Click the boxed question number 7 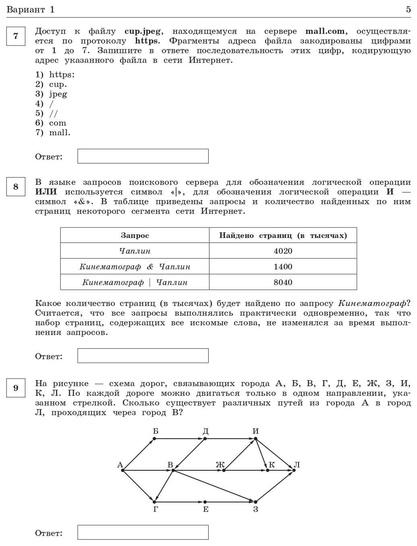pos(16,36)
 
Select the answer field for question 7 pos(143,156)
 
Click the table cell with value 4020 pos(283,251)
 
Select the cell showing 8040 pos(283,282)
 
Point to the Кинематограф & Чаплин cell pos(135,267)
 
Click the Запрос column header pos(135,236)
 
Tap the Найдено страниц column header pos(283,236)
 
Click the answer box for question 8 pos(143,356)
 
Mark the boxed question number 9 pos(16,388)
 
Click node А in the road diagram pos(122,470)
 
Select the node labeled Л pos(294,470)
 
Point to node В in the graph pos(172,470)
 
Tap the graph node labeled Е pos(205,502)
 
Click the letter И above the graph pos(255,431)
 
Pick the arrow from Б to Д pos(179,438)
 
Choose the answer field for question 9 pos(143,532)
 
